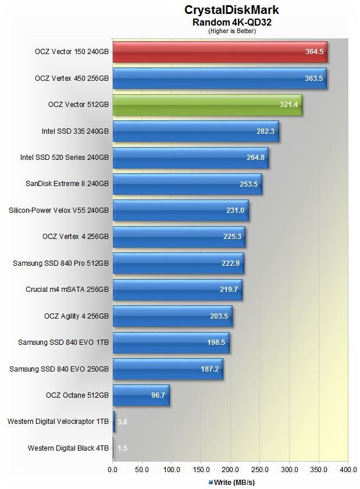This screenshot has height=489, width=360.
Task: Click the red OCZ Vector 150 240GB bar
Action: pyautogui.click(x=219, y=52)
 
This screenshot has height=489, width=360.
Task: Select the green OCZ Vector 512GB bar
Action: pyautogui.click(x=207, y=105)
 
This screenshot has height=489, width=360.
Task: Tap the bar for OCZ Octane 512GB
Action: pyautogui.click(x=141, y=395)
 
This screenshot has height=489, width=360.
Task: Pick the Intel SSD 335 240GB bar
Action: pyautogui.click(x=195, y=131)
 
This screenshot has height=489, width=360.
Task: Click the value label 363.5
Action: pyautogui.click(x=313, y=78)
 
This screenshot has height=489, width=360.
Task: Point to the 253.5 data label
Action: pyautogui.click(x=249, y=184)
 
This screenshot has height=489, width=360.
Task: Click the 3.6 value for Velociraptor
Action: pyautogui.click(x=122, y=422)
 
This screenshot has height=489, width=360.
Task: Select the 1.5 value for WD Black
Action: pyautogui.click(x=122, y=448)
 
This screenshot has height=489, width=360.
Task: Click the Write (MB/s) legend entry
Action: pyautogui.click(x=231, y=482)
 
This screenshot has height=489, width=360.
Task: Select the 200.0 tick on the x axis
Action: pyautogui.click(x=231, y=469)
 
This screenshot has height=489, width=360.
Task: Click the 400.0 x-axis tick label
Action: pyautogui.click(x=348, y=469)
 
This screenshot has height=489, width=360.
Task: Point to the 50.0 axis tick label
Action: pyautogui.click(x=142, y=469)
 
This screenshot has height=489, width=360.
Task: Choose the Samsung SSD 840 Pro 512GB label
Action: pyautogui.click(x=60, y=263)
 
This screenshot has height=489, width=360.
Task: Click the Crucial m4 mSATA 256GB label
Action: pyautogui.click(x=67, y=290)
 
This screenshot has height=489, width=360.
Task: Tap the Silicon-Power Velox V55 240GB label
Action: pyautogui.click(x=59, y=210)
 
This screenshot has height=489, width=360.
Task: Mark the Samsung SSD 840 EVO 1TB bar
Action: pyautogui.click(x=171, y=342)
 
